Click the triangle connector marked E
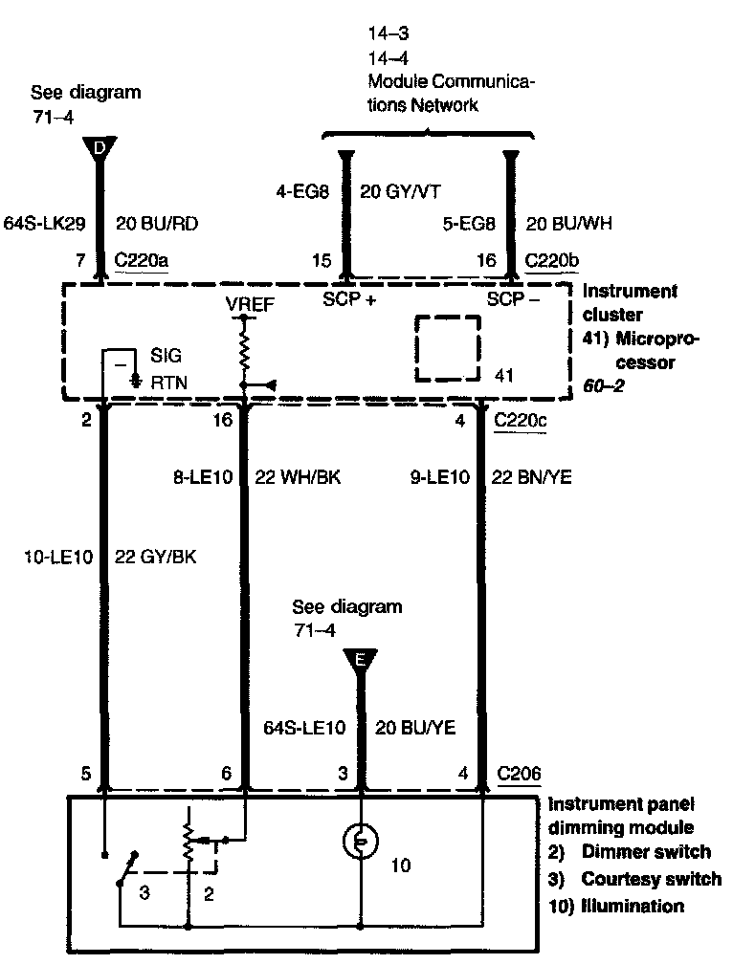(360, 659)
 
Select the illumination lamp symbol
(360, 841)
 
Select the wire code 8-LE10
(204, 476)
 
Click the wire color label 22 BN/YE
(531, 476)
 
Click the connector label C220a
(141, 259)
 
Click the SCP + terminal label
(348, 298)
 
